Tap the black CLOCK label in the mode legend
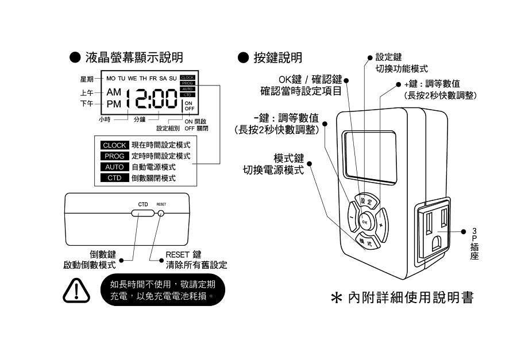[114, 145]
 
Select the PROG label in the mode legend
[114, 156]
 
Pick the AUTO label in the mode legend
[114, 167]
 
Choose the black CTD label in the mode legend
[114, 178]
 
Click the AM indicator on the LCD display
[114, 92]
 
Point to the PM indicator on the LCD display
[114, 104]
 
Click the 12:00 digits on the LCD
[152, 99]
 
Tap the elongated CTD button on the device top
[142, 213]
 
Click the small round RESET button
[161, 213]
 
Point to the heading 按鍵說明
[277, 57]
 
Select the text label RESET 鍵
[183, 254]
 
